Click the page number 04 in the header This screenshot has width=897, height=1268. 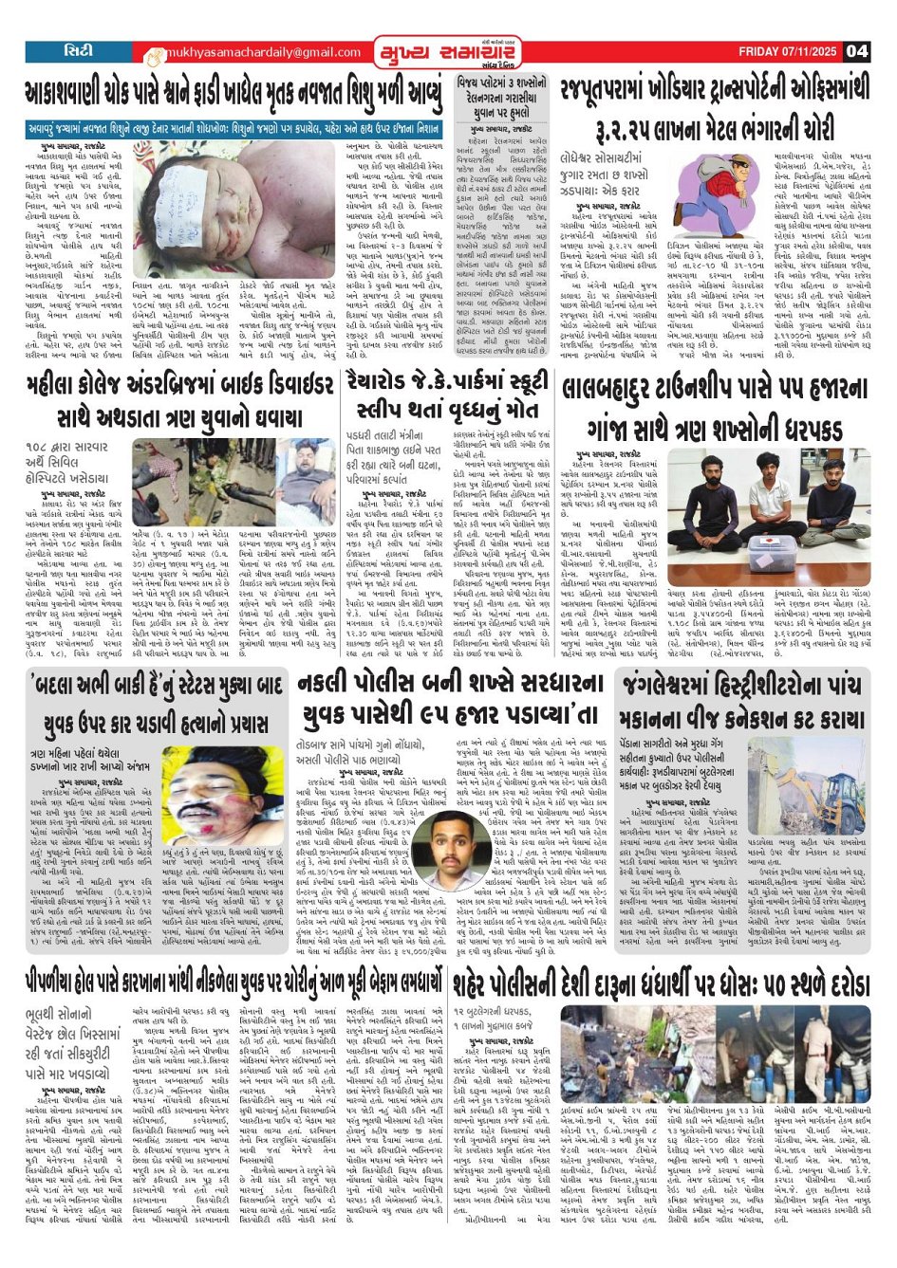pos(856,51)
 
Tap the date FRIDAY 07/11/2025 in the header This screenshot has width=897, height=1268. pos(787,51)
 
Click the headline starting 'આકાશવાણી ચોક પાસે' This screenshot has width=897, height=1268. pos(234,94)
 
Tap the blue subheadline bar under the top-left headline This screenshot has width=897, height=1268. pos(234,126)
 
